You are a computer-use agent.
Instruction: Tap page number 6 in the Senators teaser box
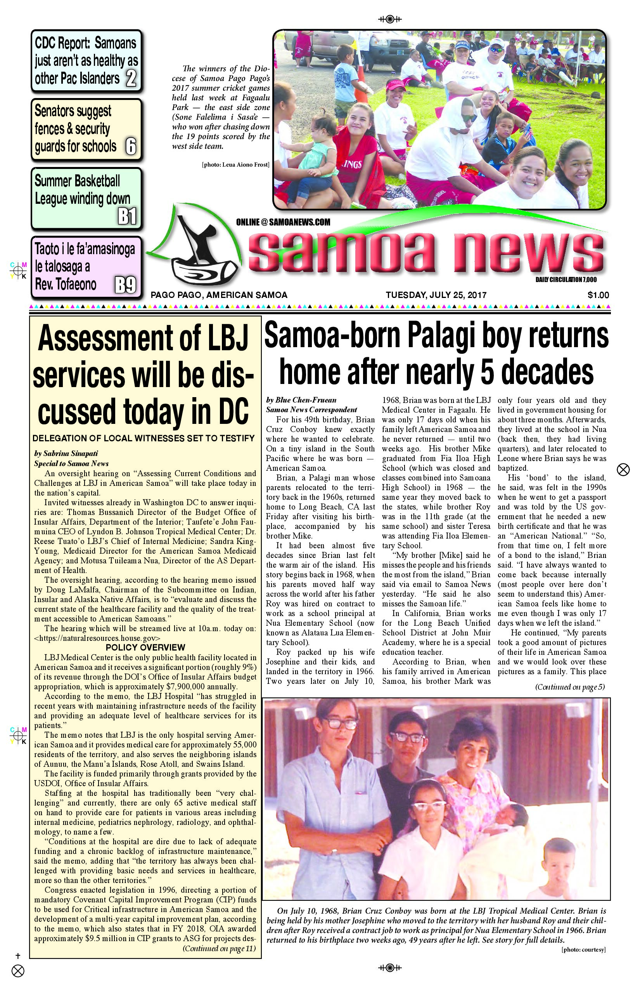click(130, 146)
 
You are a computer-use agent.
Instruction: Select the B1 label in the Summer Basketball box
click(127, 216)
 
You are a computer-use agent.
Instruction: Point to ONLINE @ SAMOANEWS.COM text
click(283, 222)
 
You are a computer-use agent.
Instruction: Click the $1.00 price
click(598, 295)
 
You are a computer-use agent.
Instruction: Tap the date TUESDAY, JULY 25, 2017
click(436, 295)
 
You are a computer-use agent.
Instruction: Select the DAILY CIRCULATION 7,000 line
click(566, 280)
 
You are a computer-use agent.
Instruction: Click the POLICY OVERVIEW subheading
click(145, 647)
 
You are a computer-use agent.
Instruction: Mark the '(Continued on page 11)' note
click(219, 948)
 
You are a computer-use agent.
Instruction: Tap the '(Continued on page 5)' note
click(569, 687)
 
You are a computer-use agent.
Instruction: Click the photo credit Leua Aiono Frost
click(236, 165)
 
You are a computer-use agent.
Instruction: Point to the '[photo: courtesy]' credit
click(583, 950)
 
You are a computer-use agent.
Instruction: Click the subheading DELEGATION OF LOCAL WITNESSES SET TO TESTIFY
click(144, 438)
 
